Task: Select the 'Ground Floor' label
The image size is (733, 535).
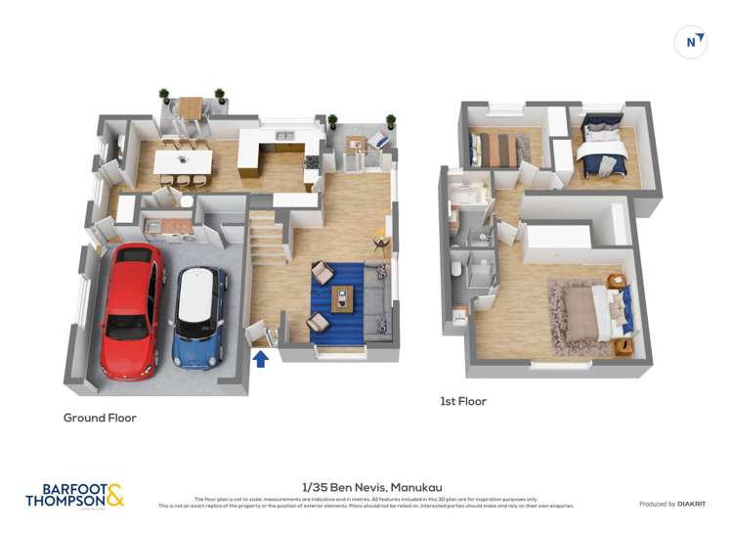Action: coord(100,418)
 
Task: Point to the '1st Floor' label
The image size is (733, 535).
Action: coord(462,401)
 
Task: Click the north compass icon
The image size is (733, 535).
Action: coord(692,42)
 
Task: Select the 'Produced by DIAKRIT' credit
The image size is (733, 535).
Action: coord(672,504)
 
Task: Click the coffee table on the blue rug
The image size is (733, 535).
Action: coord(342,297)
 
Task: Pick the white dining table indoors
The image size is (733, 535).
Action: coord(183,157)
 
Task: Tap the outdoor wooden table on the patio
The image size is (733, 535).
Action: coord(191,106)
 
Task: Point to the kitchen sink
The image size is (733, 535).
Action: coord(285,136)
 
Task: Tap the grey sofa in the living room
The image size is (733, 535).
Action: coord(377,303)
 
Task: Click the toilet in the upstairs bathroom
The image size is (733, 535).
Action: coord(457,268)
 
